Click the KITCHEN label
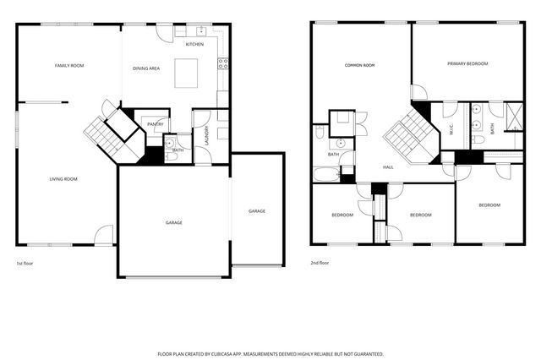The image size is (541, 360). point(194,44)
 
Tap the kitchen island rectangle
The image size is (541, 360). point(186,72)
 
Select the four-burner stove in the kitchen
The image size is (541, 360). point(223,62)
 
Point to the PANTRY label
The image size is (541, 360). point(156,124)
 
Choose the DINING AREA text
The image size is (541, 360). point(146,68)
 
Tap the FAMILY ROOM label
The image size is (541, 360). point(69,65)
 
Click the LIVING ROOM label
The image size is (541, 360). point(63,179)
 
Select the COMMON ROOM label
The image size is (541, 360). point(359,65)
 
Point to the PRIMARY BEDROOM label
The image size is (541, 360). point(467,63)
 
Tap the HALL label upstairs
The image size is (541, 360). point(388,166)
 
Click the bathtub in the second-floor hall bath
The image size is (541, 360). point(326,175)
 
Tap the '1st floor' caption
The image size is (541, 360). point(25,263)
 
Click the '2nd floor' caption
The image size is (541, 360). point(320,263)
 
